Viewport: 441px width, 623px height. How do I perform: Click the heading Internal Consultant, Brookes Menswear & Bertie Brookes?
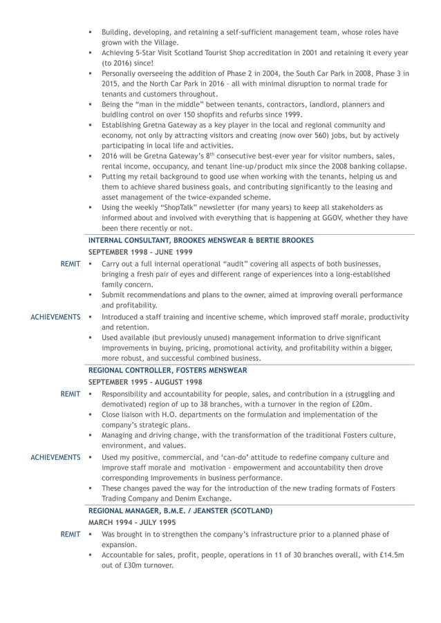pos(200,240)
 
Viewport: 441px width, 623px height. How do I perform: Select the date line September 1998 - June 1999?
pos(140,252)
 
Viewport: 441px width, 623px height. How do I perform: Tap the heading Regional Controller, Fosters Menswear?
pos(167,370)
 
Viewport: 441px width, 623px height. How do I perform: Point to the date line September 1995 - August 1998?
pos(145,382)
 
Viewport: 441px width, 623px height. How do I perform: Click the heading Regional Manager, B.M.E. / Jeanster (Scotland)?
pos(180,510)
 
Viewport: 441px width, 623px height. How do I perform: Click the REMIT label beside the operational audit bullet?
pos(71,265)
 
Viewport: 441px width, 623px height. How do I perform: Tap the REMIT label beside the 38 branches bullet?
pos(71,394)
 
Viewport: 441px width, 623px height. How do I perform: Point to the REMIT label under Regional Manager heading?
pos(71,535)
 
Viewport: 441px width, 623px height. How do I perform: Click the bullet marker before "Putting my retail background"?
pos(91,177)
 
